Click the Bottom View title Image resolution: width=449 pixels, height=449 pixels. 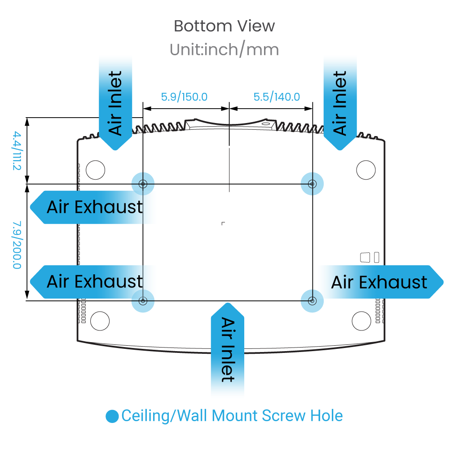coord(224,26)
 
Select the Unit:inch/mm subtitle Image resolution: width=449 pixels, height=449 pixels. coord(224,49)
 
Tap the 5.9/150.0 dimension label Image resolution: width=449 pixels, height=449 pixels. coord(184,97)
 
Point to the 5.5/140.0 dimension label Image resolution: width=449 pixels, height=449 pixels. coord(277,97)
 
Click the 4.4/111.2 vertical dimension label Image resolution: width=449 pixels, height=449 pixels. coord(17,150)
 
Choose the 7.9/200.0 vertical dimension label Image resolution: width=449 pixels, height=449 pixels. coord(17,245)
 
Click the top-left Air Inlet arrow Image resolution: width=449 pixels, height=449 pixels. coord(115,103)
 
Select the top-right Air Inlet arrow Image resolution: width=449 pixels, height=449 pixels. coord(340,103)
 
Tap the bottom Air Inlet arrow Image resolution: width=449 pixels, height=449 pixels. coord(228,349)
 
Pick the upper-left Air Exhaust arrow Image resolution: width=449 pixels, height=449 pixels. coord(92,207)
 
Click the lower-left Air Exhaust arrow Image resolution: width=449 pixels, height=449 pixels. coord(92,282)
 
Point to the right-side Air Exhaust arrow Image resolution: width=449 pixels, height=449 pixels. coord(381,282)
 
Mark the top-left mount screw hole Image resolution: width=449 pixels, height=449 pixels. coord(143,184)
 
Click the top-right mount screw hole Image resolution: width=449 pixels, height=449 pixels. coord(312,184)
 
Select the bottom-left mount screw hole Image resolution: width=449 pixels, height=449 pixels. coord(143,301)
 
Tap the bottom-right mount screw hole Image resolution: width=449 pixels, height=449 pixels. coord(312,301)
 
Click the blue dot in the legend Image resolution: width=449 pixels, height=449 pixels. coord(112,416)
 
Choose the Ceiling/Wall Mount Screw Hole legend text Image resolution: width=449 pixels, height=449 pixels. coord(232,416)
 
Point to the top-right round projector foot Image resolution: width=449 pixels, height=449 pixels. coord(366,170)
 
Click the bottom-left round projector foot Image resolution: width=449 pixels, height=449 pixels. coord(100,321)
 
